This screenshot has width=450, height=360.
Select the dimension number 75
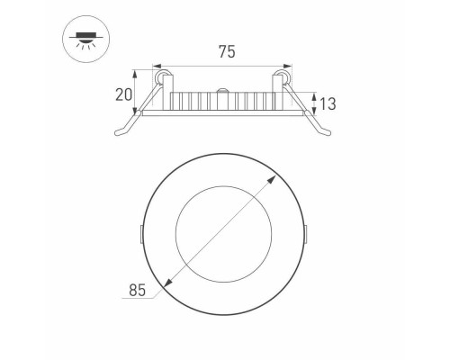226,52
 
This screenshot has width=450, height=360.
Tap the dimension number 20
123,94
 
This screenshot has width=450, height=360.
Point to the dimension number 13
328,104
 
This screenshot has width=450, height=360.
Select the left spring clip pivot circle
162,80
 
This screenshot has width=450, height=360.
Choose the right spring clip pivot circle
288,80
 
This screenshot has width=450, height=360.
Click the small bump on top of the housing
223,88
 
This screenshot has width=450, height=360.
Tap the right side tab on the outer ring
307,233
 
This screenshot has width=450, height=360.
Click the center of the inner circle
224,233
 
